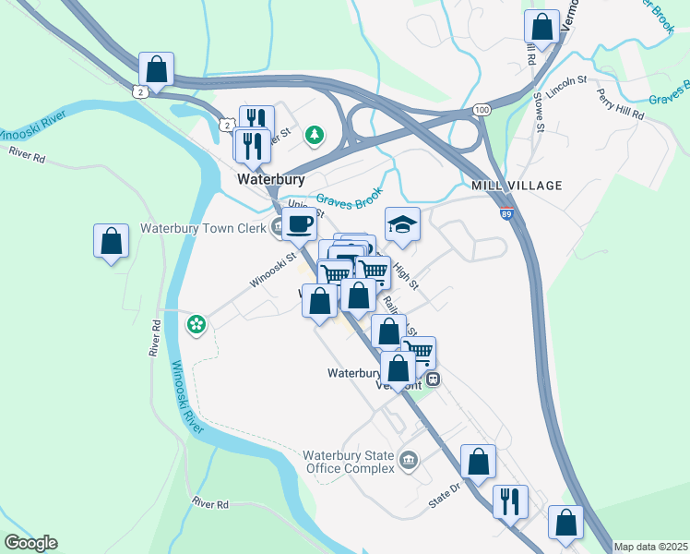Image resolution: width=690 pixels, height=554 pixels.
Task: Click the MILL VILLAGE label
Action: pos(516,186)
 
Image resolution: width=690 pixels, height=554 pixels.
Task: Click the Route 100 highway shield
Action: pos(482,110)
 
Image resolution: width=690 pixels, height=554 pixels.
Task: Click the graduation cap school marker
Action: pos(401,223)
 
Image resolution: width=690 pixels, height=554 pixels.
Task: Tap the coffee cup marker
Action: pos(298,223)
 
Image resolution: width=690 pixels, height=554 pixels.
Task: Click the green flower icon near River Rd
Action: pos(196,323)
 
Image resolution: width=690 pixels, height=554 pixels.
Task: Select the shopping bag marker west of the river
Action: pos(111,242)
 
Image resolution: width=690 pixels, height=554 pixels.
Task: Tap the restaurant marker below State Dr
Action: pos(510,502)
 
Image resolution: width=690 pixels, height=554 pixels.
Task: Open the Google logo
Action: pos(30,543)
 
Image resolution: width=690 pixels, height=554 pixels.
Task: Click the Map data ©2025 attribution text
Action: pos(650,547)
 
